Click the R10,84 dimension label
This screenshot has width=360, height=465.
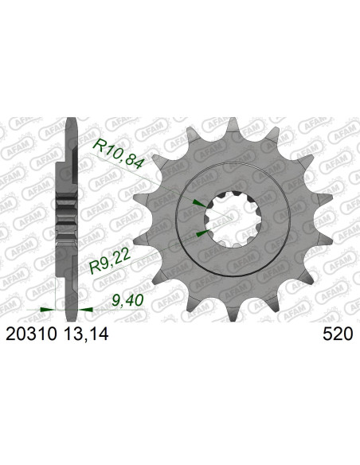(x=119, y=154)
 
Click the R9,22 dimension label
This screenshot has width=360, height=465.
(x=110, y=262)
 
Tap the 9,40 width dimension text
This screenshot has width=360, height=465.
(x=127, y=301)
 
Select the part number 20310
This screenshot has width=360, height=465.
(x=31, y=334)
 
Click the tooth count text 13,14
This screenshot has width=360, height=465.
(x=86, y=334)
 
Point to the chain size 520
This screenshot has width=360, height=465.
(x=338, y=334)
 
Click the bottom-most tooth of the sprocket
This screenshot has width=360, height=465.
(x=233, y=311)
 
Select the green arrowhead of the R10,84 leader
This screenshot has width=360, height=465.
(x=199, y=203)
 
